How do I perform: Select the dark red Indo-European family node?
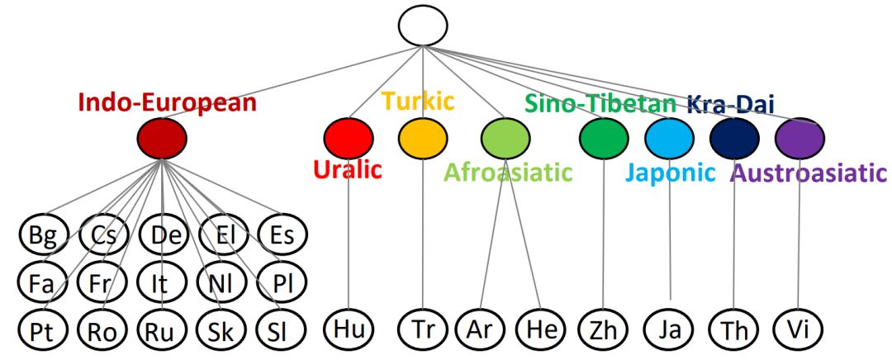pyautogui.click(x=162, y=139)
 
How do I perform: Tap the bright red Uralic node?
pyautogui.click(x=349, y=138)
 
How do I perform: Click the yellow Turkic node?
pyautogui.click(x=423, y=138)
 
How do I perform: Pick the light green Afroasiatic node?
pyautogui.click(x=505, y=138)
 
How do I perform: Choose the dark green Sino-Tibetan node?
pyautogui.click(x=604, y=138)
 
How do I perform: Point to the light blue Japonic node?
pyautogui.click(x=669, y=138)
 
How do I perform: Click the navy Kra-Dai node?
pyautogui.click(x=734, y=138)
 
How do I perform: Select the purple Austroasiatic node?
pyautogui.click(x=799, y=138)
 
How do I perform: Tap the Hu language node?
pyautogui.click(x=349, y=328)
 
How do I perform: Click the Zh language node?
pyautogui.click(x=604, y=328)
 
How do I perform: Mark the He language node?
pyautogui.click(x=540, y=328)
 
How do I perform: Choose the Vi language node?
pyautogui.click(x=798, y=328)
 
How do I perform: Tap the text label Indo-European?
pyautogui.click(x=167, y=102)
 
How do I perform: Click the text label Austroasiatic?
pyautogui.click(x=809, y=173)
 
